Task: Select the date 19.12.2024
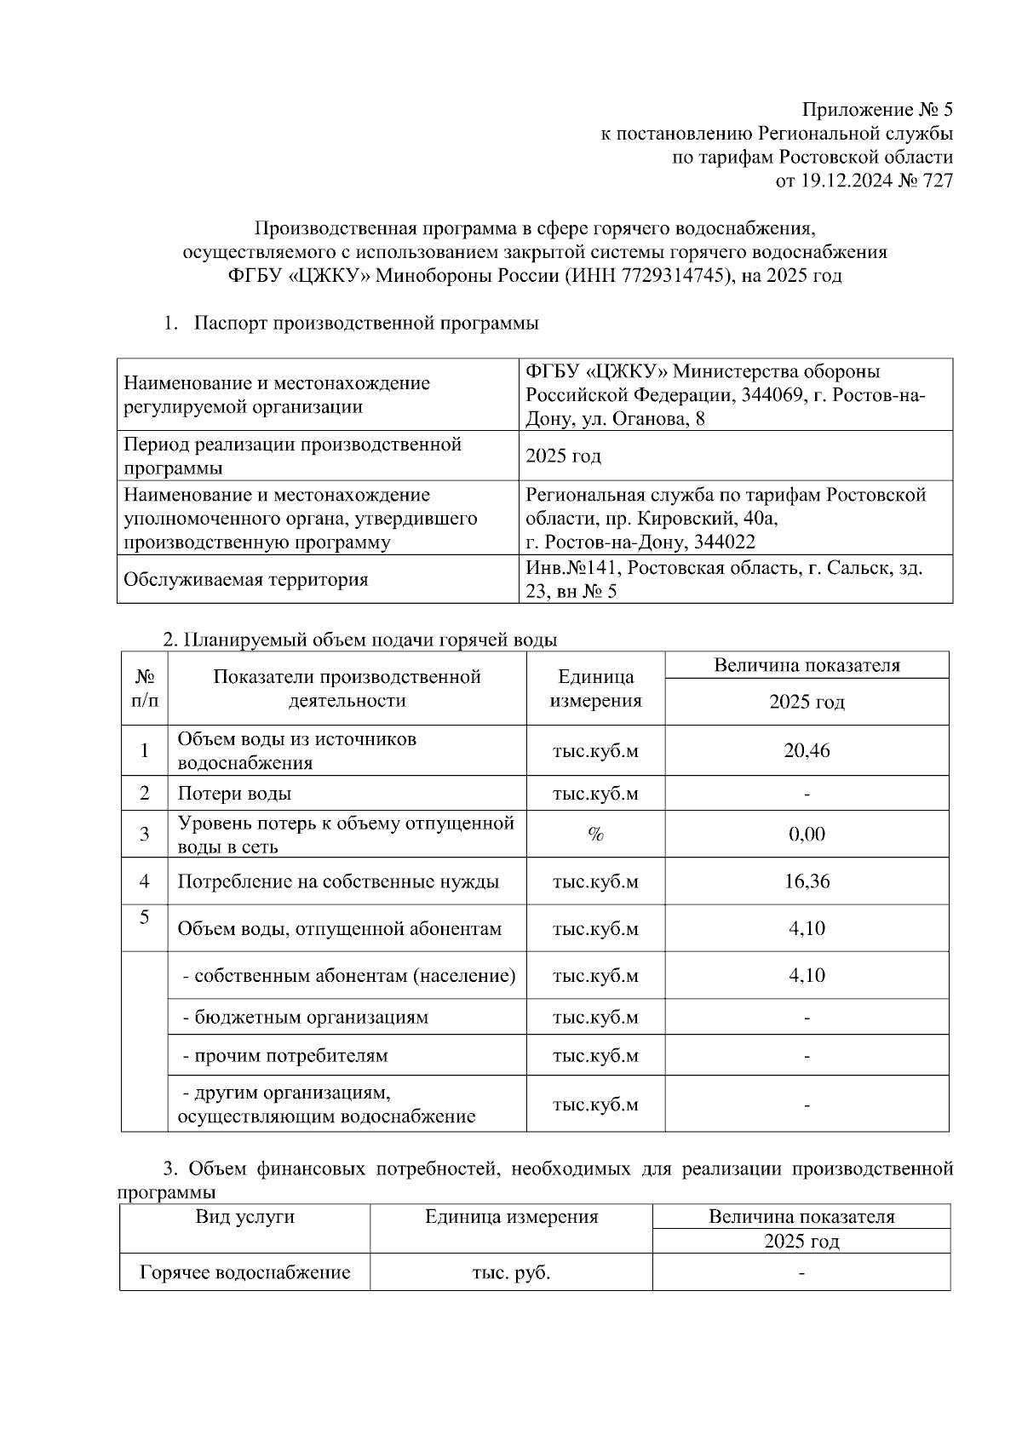pyautogui.click(x=839, y=181)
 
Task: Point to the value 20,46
pyautogui.click(x=807, y=750)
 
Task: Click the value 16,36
pyautogui.click(x=807, y=881)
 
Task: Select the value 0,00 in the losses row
pyautogui.click(x=807, y=835)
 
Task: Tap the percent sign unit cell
pyautogui.click(x=595, y=835)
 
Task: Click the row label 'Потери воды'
pyautogui.click(x=234, y=794)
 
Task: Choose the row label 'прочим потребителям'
pyautogui.click(x=285, y=1056)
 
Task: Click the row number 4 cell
pyautogui.click(x=145, y=881)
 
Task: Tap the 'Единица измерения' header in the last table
pyautogui.click(x=511, y=1217)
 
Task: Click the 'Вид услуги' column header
pyautogui.click(x=245, y=1217)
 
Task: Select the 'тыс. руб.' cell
pyautogui.click(x=511, y=1273)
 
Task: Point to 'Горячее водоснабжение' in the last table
pyautogui.click(x=245, y=1273)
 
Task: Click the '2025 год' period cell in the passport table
pyautogui.click(x=564, y=456)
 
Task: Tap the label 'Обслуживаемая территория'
pyautogui.click(x=246, y=580)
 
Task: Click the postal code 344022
pyautogui.click(x=725, y=542)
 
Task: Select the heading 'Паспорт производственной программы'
pyautogui.click(x=366, y=324)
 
